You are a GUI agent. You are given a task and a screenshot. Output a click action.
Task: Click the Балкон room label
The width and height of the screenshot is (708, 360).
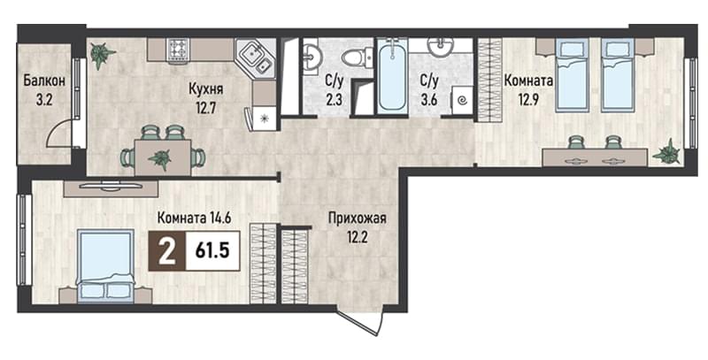click(x=44, y=81)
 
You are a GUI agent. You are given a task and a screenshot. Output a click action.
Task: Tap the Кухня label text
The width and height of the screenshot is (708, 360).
click(x=206, y=88)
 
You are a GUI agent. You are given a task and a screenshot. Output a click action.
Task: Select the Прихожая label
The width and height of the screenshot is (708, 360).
click(x=358, y=219)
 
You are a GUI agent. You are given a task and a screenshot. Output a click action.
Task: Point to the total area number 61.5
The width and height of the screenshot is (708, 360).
click(x=212, y=250)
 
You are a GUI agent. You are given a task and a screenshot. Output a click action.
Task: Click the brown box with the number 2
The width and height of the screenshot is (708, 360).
click(x=167, y=250)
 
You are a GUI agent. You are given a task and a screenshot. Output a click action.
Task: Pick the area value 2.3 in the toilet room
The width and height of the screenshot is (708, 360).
click(x=334, y=98)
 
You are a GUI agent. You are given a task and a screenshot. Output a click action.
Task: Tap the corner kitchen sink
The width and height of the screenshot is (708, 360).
click(x=255, y=59)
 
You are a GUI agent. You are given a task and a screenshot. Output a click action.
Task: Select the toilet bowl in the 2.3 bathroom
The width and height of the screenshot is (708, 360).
click(x=357, y=57)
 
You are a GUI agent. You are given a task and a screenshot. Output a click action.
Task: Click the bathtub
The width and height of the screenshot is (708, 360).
click(x=392, y=75)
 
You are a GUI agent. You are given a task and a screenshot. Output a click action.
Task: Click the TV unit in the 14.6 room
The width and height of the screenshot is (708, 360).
click(x=111, y=188)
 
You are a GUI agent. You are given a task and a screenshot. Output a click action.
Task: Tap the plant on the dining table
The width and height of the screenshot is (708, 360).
click(x=160, y=158)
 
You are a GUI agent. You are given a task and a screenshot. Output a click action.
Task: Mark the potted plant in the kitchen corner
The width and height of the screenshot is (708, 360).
click(x=102, y=55)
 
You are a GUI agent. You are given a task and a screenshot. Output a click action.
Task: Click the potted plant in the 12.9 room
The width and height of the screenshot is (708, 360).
click(x=667, y=151)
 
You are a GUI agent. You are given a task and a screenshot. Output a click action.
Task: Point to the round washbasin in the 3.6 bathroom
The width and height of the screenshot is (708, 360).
click(x=441, y=48)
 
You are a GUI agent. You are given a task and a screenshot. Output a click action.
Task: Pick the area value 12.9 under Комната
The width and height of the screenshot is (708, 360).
click(x=529, y=99)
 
